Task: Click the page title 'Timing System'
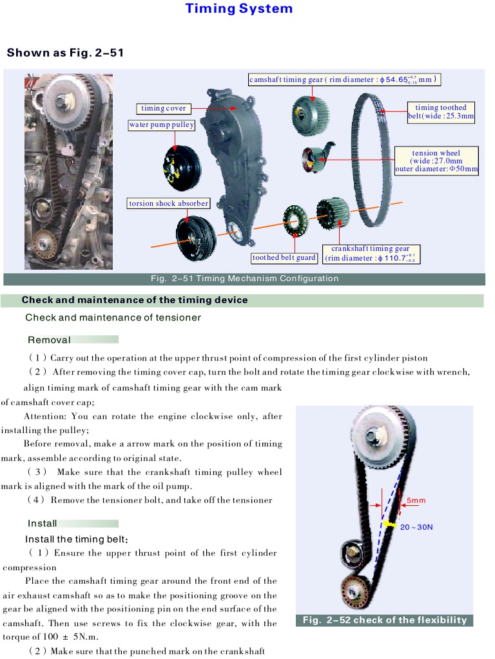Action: click(x=239, y=9)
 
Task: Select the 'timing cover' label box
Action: click(x=163, y=108)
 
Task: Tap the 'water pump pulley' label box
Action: click(x=161, y=125)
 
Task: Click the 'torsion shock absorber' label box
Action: click(x=169, y=203)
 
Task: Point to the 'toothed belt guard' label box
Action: click(x=284, y=257)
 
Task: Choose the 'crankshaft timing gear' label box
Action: click(x=371, y=254)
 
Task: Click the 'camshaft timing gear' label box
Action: click(x=345, y=80)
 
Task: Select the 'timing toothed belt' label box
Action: click(x=441, y=112)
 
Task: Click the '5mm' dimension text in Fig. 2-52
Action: click(x=416, y=500)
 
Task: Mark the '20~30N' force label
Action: click(x=416, y=526)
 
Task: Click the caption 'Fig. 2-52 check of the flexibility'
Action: click(x=385, y=620)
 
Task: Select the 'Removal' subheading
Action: click(x=49, y=340)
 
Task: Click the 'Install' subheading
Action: click(x=43, y=523)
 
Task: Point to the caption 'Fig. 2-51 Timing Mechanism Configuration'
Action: click(x=244, y=279)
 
